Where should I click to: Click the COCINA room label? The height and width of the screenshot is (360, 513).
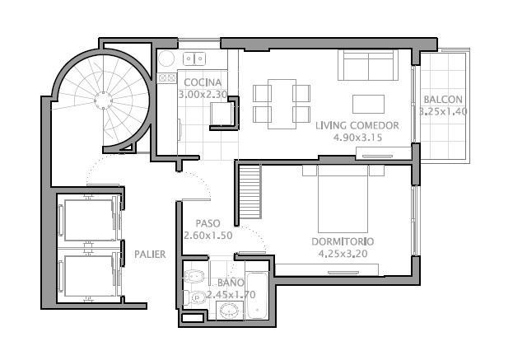coord(203,82)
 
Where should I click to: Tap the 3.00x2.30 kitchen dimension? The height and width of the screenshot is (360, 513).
coord(203,95)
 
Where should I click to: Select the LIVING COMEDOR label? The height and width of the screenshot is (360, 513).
coord(357,125)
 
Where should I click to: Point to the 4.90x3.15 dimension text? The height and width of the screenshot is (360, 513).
coord(357,138)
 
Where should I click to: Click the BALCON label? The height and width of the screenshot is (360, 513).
coord(443,100)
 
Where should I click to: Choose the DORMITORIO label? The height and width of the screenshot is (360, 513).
coord(343,242)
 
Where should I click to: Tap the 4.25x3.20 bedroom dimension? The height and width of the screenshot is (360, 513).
coord(343,254)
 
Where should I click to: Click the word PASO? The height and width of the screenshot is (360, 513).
coord(208,223)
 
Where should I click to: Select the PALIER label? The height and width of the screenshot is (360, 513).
coord(150,255)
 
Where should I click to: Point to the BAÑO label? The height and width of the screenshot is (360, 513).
coord(231,282)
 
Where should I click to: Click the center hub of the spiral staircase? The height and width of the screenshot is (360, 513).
coord(104,100)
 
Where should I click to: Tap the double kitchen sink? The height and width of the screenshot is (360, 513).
coord(194,59)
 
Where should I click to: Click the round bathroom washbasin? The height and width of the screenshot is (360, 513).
coord(229,310)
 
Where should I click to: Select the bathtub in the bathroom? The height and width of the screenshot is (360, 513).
coord(258,296)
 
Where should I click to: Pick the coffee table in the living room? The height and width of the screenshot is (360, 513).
coord(368,104)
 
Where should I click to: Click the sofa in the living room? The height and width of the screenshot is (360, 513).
coord(368,65)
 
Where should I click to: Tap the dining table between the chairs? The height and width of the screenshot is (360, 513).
coord(282,104)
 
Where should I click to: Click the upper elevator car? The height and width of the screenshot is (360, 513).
coord(89,220)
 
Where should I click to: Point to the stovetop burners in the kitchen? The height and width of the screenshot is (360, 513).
coord(167,78)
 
